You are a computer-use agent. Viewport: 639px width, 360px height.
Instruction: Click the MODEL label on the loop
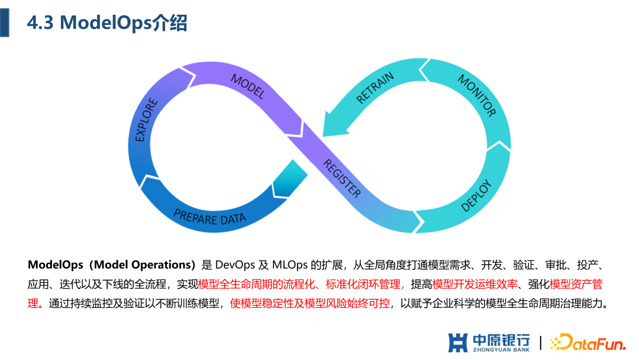coord(247,86)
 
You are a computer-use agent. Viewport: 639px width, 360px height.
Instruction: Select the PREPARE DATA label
coord(209,216)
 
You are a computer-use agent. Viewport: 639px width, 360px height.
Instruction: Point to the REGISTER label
coord(342,178)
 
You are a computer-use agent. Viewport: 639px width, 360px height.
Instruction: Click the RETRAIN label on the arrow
coord(375,88)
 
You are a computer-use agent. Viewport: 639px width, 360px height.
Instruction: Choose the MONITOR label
coord(476,95)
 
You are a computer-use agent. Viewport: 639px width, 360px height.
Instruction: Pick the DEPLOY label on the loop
coord(476,195)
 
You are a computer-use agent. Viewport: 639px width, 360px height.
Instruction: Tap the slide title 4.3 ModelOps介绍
coord(107,23)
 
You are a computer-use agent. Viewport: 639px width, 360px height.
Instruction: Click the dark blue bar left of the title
coord(4,22)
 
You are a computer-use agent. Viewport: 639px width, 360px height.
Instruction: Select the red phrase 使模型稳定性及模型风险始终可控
coord(310,303)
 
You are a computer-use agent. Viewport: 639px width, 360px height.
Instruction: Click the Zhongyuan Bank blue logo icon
coord(457,342)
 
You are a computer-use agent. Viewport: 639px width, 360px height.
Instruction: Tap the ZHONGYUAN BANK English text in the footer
coord(501,350)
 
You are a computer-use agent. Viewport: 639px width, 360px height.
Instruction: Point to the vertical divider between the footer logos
coord(540,342)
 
